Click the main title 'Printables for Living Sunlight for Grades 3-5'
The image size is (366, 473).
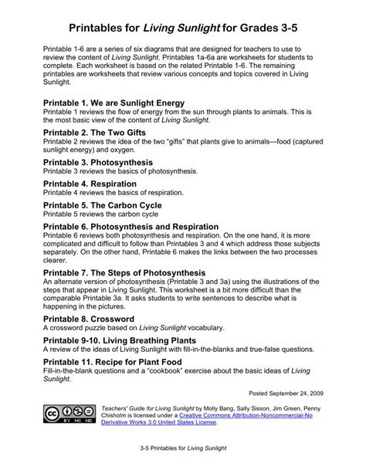pos(183,29)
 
